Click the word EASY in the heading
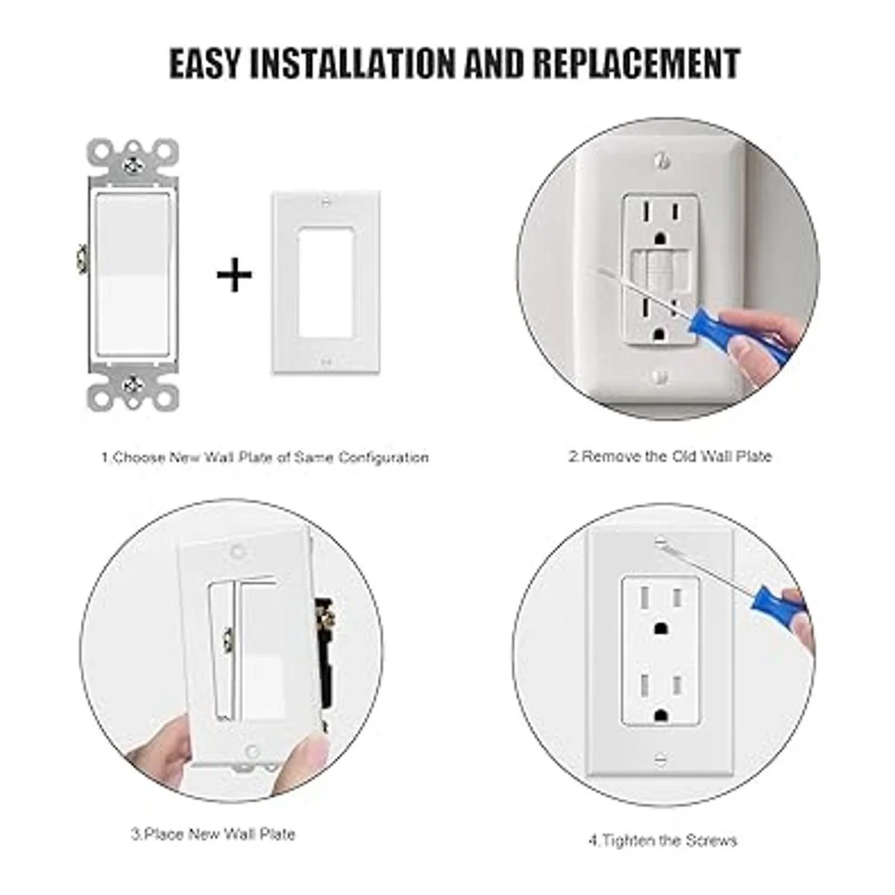(206, 63)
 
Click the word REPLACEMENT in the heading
(636, 63)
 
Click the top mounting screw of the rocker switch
(134, 164)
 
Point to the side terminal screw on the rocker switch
(82, 258)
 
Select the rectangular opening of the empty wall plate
(325, 282)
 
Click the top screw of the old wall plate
(661, 160)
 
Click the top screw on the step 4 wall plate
(660, 541)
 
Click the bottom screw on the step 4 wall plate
(660, 760)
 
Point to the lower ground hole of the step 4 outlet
(659, 717)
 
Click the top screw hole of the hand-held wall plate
(238, 553)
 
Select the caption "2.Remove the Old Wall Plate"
(671, 456)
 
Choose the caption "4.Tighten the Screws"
(663, 841)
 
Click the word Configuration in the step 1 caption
(383, 457)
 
